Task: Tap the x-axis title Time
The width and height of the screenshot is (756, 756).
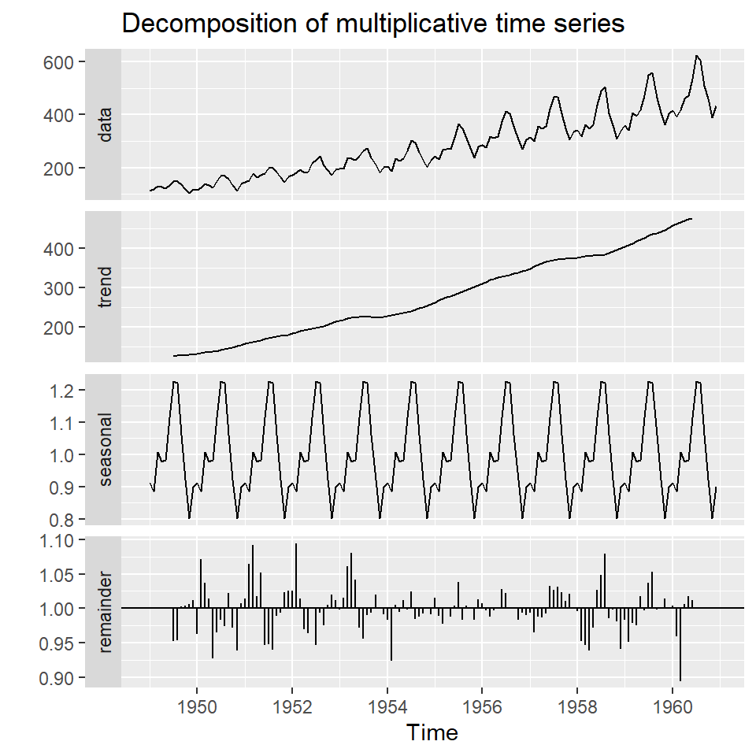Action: pos(432,733)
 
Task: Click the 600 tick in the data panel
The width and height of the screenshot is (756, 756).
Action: pos(60,61)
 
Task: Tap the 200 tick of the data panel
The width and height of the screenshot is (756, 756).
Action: pos(60,169)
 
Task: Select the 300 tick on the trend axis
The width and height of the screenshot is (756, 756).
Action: pos(60,288)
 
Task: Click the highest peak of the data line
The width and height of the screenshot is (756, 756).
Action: pos(697,56)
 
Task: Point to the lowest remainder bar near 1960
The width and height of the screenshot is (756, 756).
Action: pos(680,679)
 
